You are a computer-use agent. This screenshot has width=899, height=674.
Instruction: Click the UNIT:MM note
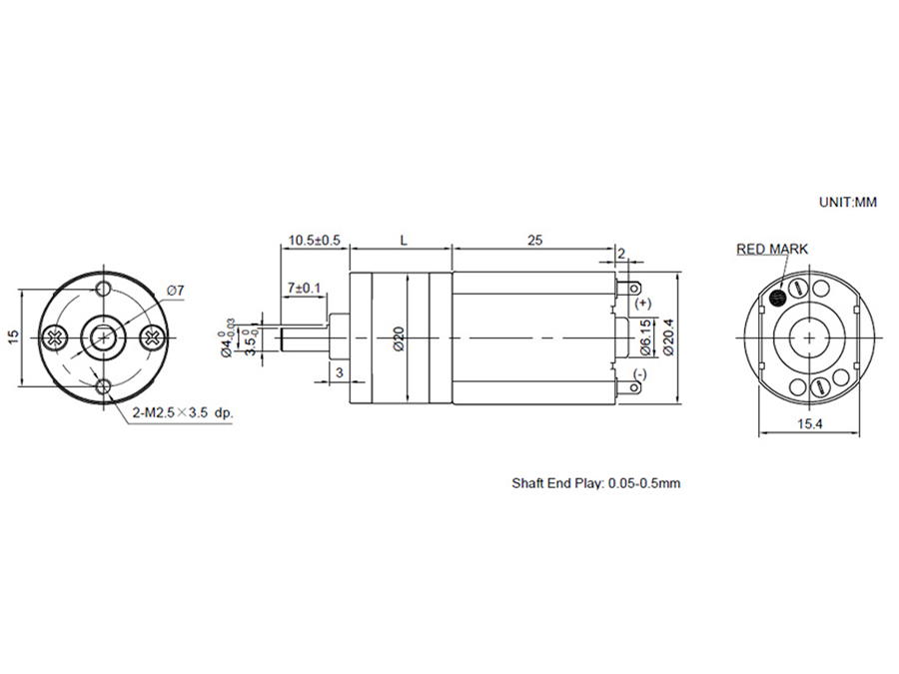pos(847,201)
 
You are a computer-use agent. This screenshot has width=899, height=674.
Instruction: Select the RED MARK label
pos(772,250)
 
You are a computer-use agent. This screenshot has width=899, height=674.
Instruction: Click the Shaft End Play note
pos(596,483)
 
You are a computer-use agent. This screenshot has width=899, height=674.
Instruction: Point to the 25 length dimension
pos(534,241)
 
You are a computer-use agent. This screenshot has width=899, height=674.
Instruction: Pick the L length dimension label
pos(403,241)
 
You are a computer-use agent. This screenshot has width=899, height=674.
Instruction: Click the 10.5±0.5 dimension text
pos(315,241)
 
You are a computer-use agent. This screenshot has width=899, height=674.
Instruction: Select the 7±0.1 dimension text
pos(304,288)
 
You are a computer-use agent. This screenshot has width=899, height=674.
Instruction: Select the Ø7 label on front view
pos(175,291)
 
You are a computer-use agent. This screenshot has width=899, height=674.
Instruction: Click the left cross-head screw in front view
pos(54,337)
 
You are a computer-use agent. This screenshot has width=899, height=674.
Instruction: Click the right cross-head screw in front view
pos(152,337)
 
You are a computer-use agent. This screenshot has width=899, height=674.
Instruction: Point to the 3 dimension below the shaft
pos(339,371)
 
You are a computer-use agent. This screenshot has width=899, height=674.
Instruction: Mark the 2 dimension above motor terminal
pos(621,255)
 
